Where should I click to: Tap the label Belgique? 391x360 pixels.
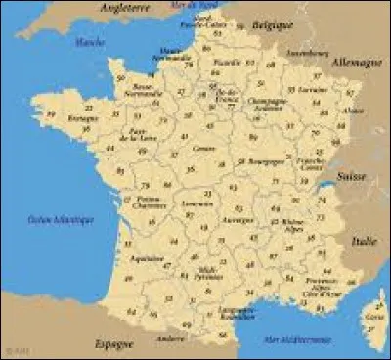pyautogui.click(x=273, y=21)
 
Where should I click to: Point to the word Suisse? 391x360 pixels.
pyautogui.click(x=349, y=177)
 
